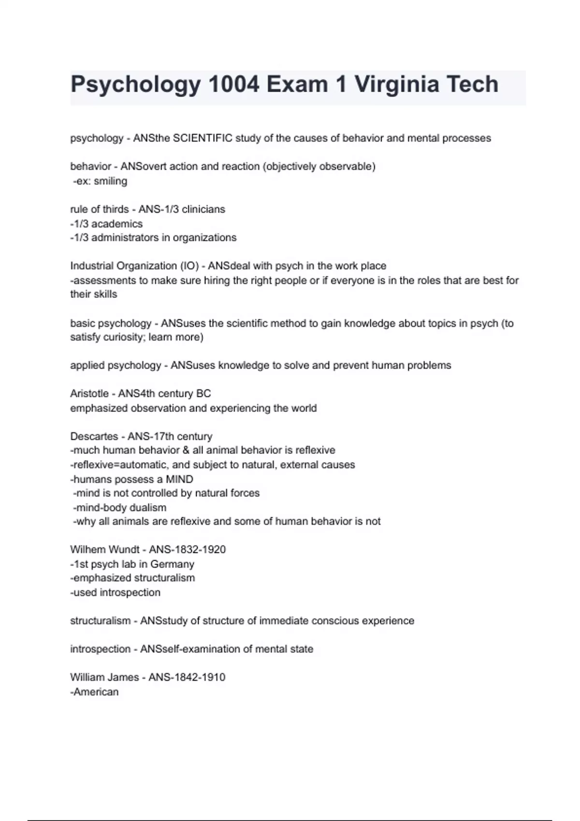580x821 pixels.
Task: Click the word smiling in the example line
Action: click(x=111, y=181)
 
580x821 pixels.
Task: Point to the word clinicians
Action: click(x=203, y=209)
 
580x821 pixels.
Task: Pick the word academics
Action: click(x=117, y=224)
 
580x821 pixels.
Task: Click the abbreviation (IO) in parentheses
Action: click(x=189, y=266)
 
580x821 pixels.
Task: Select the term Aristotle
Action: click(x=89, y=394)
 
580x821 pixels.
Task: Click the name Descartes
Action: click(x=94, y=436)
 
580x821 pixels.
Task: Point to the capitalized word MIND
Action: click(x=179, y=479)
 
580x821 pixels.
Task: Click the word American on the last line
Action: click(x=96, y=692)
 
